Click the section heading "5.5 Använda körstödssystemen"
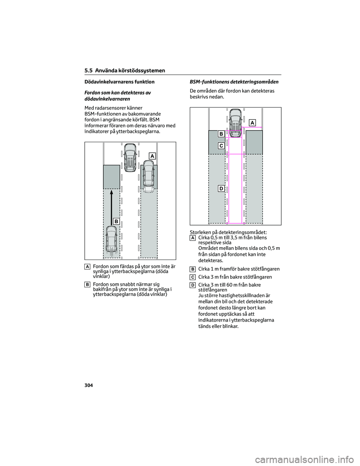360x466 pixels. [x=125, y=71]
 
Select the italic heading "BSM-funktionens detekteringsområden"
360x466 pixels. [x=234, y=81]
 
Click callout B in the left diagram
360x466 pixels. [x=116, y=221]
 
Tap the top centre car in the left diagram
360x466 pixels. [x=130, y=157]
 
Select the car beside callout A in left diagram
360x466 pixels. [x=149, y=176]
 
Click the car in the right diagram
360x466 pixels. [x=235, y=121]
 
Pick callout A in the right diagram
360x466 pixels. [x=252, y=123]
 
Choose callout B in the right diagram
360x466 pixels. [x=221, y=134]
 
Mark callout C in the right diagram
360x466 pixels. [x=221, y=145]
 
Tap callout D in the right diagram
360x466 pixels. [x=221, y=188]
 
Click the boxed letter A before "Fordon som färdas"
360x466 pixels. [x=87, y=266]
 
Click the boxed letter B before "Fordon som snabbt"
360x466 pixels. [x=87, y=285]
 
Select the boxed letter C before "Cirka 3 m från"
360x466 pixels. [x=192, y=277]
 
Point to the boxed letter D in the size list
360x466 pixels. [x=192, y=285]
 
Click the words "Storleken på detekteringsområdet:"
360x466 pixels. [x=228, y=233]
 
